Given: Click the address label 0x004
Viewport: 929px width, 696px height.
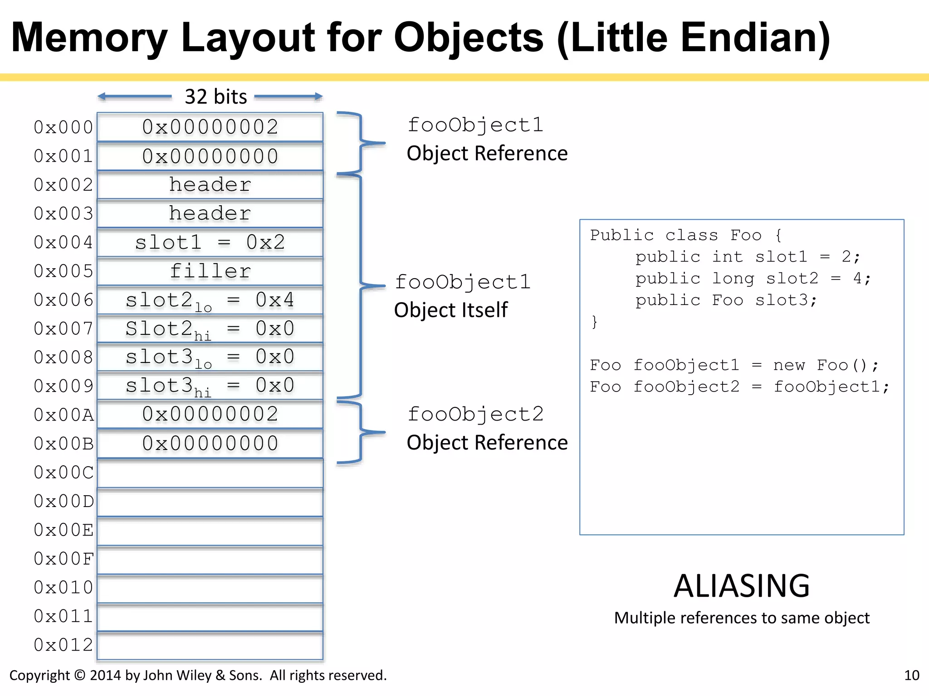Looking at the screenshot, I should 63,242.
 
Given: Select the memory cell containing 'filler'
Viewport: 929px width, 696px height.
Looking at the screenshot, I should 210,271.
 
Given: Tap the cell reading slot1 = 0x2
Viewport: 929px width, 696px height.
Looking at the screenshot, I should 210,242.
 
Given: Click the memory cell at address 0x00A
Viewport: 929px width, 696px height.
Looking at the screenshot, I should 210,415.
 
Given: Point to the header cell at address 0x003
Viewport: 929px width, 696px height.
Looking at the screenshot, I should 210,213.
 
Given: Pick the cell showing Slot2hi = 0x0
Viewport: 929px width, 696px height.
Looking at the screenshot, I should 210,329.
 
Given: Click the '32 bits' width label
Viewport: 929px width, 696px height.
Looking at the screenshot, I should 215,97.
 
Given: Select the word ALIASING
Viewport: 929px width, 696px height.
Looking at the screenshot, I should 741,586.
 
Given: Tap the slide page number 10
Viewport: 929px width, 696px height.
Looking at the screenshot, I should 911,675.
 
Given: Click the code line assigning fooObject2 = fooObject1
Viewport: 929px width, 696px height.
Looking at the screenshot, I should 739,387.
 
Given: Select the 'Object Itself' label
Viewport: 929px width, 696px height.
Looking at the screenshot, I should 451,310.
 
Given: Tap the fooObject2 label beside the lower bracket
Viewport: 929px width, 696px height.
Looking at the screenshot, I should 475,414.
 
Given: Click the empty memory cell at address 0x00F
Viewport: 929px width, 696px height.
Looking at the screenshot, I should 210,560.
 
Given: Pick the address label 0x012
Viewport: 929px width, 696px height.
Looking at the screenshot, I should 63,645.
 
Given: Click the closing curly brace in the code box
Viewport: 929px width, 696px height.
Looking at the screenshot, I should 594,322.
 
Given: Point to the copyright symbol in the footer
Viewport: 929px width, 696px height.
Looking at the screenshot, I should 79,675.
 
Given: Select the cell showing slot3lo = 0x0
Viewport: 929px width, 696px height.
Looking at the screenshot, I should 210,358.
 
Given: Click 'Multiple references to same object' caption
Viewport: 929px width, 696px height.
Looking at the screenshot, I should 741,618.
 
